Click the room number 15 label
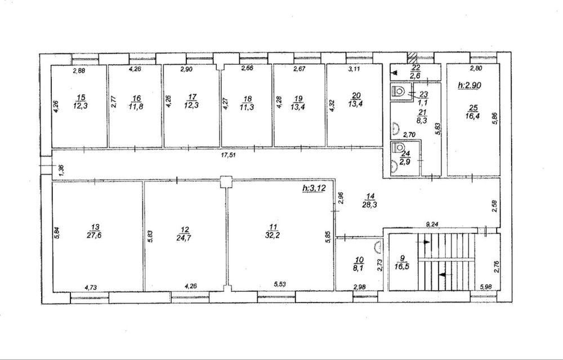pos(82,97)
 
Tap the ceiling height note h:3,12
pos(314,188)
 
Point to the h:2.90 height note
pos(470,85)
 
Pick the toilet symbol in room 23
pos(399,91)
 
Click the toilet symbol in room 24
pos(398,147)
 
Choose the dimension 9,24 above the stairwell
pos(433,225)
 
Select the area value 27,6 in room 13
pos(96,235)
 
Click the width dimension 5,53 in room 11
pos(280,284)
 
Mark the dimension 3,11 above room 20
pos(354,69)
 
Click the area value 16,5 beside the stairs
pos(403,266)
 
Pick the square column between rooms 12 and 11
pos(226,182)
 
